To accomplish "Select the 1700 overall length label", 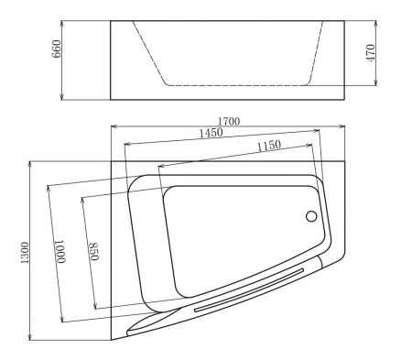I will pos(228,120).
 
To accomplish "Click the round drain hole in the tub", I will pos(310,217).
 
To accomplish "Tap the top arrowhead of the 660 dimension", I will pos(62,21).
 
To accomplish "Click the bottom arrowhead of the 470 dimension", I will pos(376,84).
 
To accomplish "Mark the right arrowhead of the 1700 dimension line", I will pos(344,125).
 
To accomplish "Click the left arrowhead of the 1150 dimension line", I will pos(160,166).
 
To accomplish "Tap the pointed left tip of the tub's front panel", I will pos(127,327).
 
